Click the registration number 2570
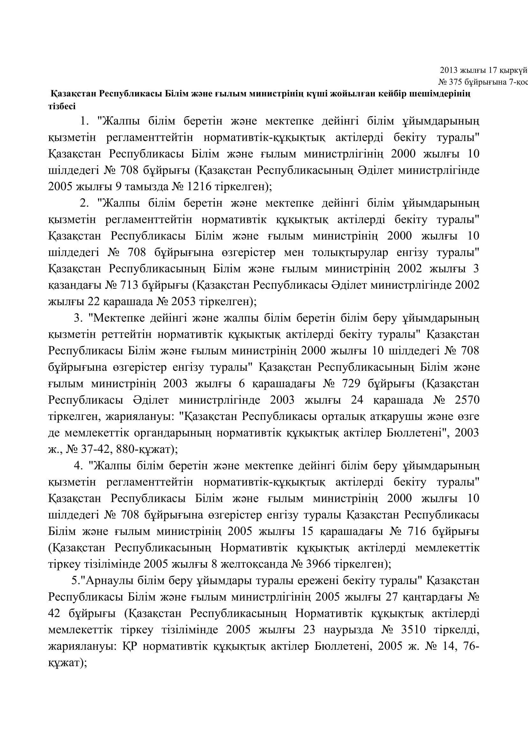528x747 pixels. [467, 400]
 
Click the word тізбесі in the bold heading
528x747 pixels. [62, 106]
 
